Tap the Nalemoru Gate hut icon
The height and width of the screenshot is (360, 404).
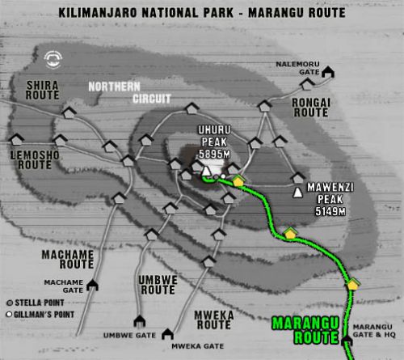[328, 74]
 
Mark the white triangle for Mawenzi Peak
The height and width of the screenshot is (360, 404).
[298, 193]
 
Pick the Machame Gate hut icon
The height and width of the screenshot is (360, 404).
[93, 285]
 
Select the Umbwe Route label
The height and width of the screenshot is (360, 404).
[157, 285]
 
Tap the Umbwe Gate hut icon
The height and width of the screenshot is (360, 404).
[139, 320]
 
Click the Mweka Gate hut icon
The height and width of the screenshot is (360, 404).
[167, 333]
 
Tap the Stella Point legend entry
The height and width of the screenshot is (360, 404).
[31, 299]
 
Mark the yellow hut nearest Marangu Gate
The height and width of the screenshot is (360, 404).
[352, 284]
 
